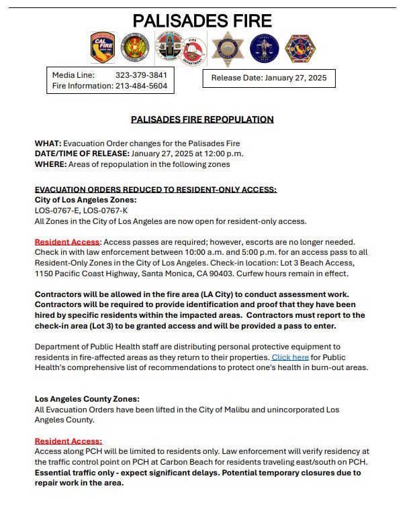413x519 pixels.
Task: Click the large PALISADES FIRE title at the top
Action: point(202,21)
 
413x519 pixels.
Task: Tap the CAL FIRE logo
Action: point(102,48)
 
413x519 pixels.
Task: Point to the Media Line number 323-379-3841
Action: point(141,75)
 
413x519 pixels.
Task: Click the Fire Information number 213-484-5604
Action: point(141,86)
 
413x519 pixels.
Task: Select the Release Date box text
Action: point(269,78)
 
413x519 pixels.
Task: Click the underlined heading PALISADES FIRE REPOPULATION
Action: point(202,119)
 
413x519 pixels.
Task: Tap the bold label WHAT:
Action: point(48,143)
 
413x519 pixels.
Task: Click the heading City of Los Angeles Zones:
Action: point(85,200)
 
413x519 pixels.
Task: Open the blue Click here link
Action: point(290,357)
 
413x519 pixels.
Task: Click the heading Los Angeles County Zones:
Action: point(87,399)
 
